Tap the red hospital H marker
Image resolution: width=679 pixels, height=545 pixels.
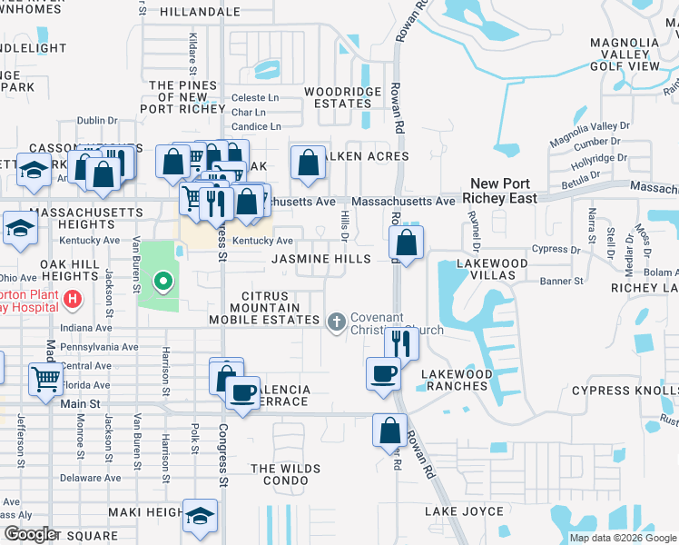pos(73,298)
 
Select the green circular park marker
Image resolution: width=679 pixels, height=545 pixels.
pos(163,281)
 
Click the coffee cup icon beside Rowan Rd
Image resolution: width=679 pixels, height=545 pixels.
pos(383,372)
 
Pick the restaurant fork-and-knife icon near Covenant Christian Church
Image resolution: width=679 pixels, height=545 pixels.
pos(401,342)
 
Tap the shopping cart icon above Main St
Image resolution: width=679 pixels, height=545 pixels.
pos(45,379)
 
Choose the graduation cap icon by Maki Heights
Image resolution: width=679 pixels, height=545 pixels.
pos(200,515)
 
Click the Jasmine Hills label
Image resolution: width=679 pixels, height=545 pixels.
pos(322,260)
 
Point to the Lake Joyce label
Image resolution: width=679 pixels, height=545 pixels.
pos(463,511)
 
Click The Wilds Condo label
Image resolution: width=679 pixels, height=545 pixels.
pos(285,474)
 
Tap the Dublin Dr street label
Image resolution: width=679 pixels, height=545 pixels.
pos(97,120)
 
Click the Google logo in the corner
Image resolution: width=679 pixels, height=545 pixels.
pos(30,534)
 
